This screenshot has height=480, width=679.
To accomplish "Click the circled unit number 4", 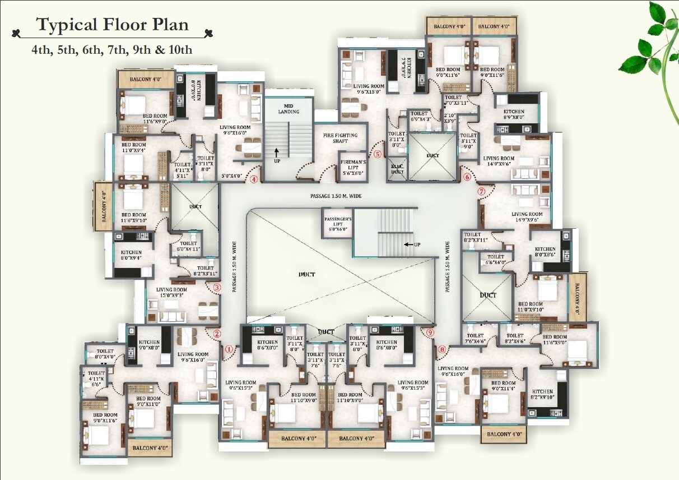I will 254,180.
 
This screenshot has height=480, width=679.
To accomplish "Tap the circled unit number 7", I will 481,191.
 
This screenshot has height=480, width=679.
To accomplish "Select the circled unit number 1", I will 229,348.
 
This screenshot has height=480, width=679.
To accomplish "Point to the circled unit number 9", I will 430,332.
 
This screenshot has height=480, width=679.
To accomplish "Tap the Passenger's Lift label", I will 338,221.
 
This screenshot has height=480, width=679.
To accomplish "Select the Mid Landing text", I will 289,108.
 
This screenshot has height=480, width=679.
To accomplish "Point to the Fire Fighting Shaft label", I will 340,138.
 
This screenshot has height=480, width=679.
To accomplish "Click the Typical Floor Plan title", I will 113,25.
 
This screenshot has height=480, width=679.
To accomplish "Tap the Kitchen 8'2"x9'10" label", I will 542,395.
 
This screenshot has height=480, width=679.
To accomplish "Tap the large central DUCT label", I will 306,274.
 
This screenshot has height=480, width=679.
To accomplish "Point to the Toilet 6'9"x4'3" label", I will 420,116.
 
